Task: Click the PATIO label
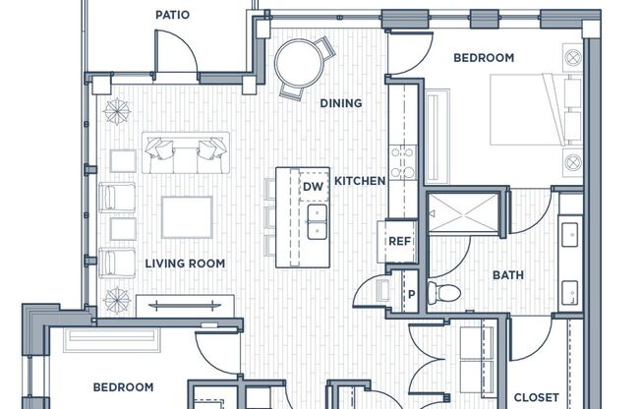172,15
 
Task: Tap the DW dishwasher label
314,187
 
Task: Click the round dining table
299,63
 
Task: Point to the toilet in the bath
444,292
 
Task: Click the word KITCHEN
360,181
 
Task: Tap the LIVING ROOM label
185,263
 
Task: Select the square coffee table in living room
187,217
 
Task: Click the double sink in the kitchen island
318,221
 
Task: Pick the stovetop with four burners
402,163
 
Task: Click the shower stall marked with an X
463,212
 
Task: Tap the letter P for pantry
412,294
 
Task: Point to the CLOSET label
537,397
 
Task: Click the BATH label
508,275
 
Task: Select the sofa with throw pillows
186,153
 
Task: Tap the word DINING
341,103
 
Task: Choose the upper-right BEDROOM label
484,58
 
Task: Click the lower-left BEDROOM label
124,387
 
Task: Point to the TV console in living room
185,306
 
